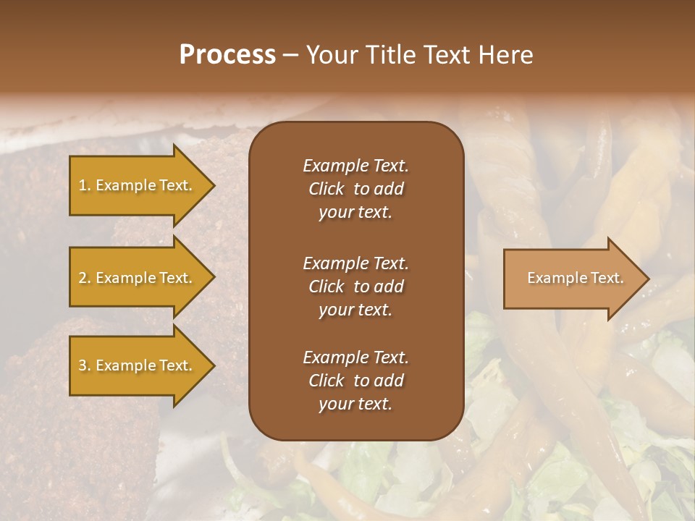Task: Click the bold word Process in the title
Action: (x=227, y=55)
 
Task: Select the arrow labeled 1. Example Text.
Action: (x=138, y=185)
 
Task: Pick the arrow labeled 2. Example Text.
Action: (x=138, y=278)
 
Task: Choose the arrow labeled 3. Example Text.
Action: (x=138, y=365)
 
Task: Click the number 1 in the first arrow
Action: (x=83, y=185)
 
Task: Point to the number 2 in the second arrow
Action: (x=83, y=278)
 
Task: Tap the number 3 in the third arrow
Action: (x=83, y=365)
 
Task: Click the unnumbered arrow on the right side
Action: (x=572, y=279)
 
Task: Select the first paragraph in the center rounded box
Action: (x=355, y=189)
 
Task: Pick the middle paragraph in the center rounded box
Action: (x=355, y=287)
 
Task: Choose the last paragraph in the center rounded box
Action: (x=355, y=381)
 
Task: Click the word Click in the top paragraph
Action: (x=326, y=189)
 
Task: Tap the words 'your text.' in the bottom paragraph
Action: (x=355, y=404)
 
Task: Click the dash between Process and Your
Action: (x=290, y=55)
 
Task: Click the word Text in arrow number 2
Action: (x=174, y=278)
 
